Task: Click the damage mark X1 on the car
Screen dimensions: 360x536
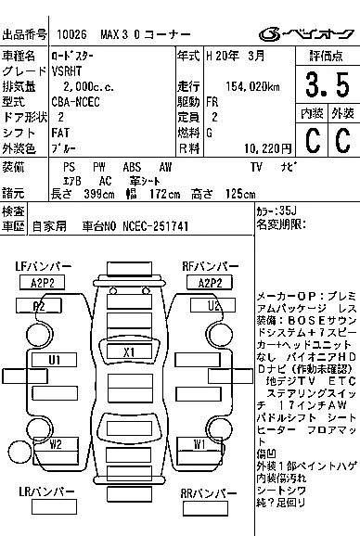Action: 129,352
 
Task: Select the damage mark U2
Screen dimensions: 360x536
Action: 212,305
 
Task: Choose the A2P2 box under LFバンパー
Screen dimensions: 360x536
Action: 42,282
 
